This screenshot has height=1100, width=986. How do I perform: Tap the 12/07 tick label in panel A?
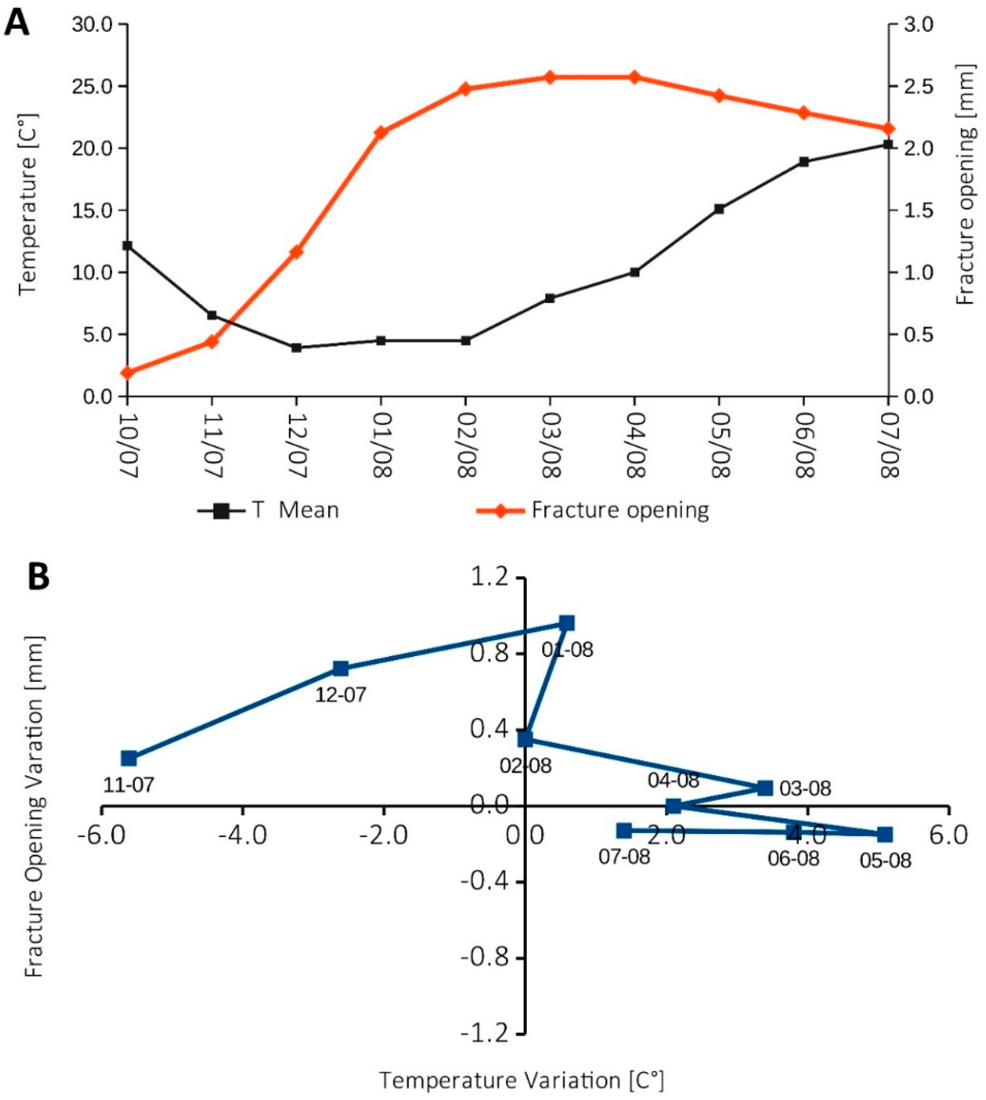click(297, 445)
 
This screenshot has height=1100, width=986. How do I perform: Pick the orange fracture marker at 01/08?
click(381, 132)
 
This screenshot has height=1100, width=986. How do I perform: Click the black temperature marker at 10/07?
click(127, 246)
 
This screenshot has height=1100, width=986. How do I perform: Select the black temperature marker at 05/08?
click(719, 209)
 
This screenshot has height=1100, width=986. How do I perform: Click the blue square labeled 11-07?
click(129, 758)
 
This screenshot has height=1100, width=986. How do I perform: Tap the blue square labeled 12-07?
click(340, 669)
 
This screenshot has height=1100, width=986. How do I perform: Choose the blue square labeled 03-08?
click(765, 788)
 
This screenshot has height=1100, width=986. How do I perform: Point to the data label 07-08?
click(624, 857)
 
